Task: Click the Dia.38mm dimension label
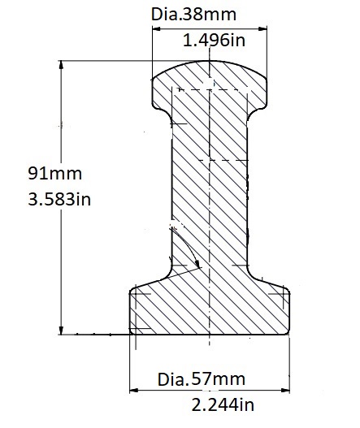click(x=193, y=15)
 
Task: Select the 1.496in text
click(x=214, y=40)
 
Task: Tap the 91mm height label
click(x=54, y=173)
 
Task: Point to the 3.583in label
click(x=59, y=199)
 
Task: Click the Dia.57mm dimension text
click(x=202, y=379)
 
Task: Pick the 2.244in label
click(x=223, y=404)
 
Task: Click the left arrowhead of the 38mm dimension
click(x=156, y=28)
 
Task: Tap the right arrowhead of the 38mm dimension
click(x=262, y=28)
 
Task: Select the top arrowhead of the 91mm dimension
click(x=61, y=65)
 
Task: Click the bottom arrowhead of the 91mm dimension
click(x=61, y=330)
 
